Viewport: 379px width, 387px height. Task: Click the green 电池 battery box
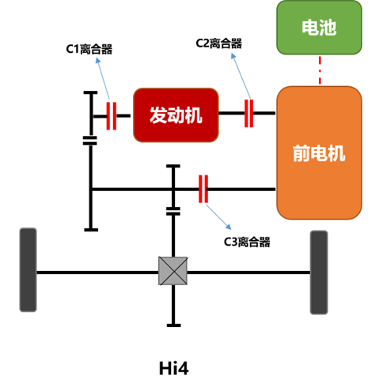[319, 28]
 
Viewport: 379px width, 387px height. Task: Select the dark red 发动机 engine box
[176, 115]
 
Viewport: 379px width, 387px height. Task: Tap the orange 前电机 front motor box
[319, 152]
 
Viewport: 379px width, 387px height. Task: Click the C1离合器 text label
[89, 49]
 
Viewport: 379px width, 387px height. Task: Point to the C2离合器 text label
[219, 43]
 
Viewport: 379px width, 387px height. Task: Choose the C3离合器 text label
[247, 242]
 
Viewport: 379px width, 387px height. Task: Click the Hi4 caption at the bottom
[174, 368]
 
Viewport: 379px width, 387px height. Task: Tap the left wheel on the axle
[28, 270]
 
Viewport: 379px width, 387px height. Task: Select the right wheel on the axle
[319, 272]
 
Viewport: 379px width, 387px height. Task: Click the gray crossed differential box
[173, 271]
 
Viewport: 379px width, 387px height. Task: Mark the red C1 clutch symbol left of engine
[112, 116]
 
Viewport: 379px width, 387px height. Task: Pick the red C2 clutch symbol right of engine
[248, 113]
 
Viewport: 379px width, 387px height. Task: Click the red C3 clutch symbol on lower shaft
[203, 189]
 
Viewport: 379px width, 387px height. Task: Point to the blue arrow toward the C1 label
[103, 78]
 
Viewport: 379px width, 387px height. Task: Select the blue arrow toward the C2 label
[241, 76]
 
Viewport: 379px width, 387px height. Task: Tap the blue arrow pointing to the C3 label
[218, 217]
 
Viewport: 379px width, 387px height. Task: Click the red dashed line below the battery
[320, 70]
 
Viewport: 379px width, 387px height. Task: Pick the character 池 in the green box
[328, 28]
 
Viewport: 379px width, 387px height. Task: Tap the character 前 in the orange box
[301, 153]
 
